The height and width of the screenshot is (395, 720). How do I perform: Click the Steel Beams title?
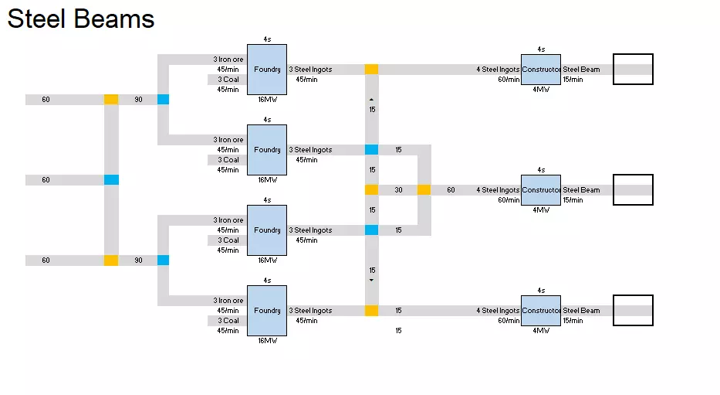click(81, 19)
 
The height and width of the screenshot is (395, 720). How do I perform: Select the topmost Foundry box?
click(267, 70)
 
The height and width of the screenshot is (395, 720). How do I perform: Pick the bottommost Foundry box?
click(267, 311)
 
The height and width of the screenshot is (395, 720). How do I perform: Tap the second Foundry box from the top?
click(267, 150)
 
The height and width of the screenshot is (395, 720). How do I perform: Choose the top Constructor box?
click(541, 70)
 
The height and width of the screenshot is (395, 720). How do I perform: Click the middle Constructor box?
click(541, 190)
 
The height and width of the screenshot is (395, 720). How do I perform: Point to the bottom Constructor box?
click(541, 311)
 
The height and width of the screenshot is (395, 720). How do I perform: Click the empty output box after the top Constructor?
click(633, 70)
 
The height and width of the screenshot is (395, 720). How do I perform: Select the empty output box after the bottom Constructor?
click(633, 311)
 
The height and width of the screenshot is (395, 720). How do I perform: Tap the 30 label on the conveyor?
click(398, 190)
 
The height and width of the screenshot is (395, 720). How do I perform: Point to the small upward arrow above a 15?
click(372, 100)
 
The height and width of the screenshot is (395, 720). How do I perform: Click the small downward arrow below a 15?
click(372, 281)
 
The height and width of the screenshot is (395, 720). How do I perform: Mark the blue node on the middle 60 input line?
click(111, 180)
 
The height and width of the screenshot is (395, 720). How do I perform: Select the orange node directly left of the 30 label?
click(372, 190)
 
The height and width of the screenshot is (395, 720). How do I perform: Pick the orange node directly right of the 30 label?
click(424, 190)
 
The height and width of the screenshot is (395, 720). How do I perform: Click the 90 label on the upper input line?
click(138, 100)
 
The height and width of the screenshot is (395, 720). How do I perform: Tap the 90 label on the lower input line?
click(138, 260)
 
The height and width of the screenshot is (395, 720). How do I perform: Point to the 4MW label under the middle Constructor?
click(541, 209)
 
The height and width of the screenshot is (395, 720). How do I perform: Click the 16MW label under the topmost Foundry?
click(267, 100)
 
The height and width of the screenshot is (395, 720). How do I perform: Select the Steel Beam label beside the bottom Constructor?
click(581, 311)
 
